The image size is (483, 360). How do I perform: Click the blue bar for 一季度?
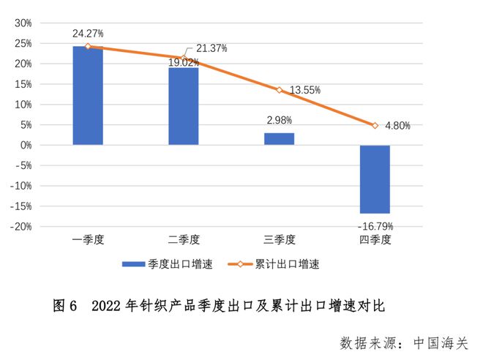coord(88,96)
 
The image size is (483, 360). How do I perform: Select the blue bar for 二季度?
coord(184,106)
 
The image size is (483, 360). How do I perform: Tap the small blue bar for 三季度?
coord(279,139)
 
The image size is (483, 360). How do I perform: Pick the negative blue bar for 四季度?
coord(375,179)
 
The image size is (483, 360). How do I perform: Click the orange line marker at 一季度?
coord(88,46)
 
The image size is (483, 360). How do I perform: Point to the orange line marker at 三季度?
coord(279,90)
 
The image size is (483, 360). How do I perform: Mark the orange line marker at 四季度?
coord(375,126)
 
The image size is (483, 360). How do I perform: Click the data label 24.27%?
coord(88,34)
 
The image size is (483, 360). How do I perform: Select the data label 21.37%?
coord(211,48)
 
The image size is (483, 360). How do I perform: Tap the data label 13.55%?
coord(305,90)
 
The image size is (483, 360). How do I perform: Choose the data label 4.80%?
coord(397,126)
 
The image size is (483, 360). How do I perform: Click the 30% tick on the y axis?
coord(23,23)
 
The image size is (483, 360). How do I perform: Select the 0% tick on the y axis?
coord(26,146)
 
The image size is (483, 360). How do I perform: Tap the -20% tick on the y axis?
coord(21,227)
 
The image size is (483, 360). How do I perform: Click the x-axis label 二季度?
coord(184,239)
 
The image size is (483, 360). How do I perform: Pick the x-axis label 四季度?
coord(375,239)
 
